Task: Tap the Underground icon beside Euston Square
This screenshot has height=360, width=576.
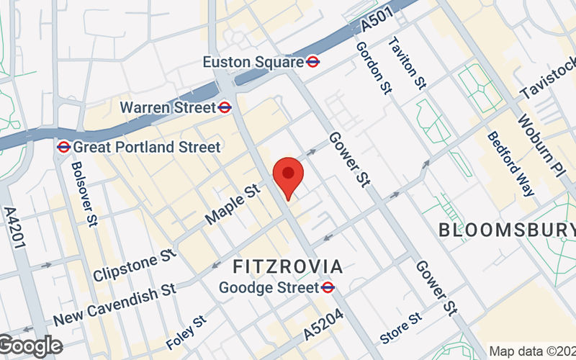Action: pos(313,62)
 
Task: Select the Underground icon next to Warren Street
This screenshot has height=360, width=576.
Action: pos(225,107)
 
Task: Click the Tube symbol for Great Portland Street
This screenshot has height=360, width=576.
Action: pos(63,147)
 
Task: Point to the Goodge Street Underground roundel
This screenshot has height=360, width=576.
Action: pos(328,287)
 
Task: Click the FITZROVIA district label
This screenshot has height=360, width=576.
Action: pos(288,267)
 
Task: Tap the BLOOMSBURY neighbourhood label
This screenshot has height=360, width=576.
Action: pos(506,230)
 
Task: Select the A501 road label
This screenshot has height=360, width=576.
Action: pos(377,23)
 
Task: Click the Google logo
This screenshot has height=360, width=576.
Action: pos(30,346)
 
